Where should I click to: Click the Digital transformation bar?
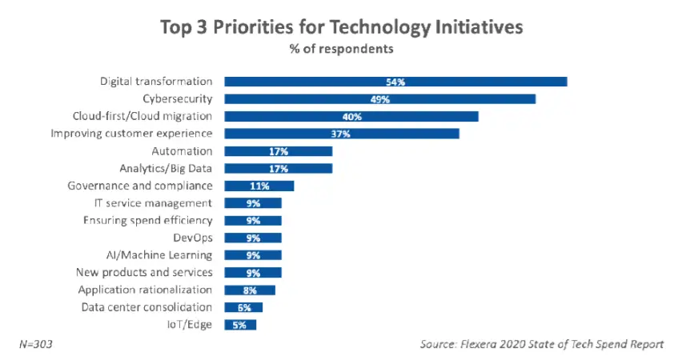tap(395, 82)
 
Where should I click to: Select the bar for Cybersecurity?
tap(379, 99)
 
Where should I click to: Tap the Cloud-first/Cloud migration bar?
tap(351, 117)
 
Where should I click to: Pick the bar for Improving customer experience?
tap(341, 134)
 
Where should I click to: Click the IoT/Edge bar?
tap(240, 325)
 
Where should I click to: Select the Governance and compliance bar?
tap(259, 186)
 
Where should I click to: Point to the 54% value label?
tap(395, 82)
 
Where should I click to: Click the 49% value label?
tap(379, 99)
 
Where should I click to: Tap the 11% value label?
tap(259, 186)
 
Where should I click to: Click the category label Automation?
tap(182, 151)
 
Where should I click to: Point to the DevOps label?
tap(192, 238)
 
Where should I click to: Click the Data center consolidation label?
tap(146, 307)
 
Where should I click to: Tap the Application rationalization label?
tap(146, 290)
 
